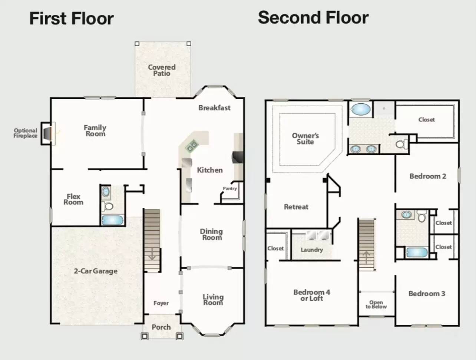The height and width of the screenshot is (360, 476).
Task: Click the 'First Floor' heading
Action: tap(71, 19)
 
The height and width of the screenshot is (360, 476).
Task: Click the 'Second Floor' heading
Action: tap(313, 18)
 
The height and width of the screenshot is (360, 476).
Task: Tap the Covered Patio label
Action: tap(162, 70)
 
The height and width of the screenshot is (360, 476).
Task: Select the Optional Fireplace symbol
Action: tap(47, 133)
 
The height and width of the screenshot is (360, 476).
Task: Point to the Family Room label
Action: tap(95, 130)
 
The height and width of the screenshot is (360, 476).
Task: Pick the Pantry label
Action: tap(229, 189)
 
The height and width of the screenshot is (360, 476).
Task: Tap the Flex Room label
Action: tap(73, 199)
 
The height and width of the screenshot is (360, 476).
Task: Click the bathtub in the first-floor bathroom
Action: tap(112, 220)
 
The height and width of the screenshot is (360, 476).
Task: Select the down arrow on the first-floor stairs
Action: tap(152, 254)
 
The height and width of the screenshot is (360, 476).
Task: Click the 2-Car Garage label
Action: tap(96, 271)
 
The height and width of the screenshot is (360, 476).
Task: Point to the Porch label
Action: tap(161, 327)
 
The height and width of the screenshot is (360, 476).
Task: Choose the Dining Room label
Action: tap(211, 234)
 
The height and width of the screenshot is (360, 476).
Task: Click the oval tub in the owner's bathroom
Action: tap(360, 109)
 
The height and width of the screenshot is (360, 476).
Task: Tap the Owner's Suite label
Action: tap(305, 139)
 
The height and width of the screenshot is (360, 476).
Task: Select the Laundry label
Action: tap(311, 250)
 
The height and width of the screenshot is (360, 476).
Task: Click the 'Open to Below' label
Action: tap(376, 304)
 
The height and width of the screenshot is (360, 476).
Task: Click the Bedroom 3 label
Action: tap(426, 294)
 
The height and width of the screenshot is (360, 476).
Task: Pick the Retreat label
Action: tap(296, 207)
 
